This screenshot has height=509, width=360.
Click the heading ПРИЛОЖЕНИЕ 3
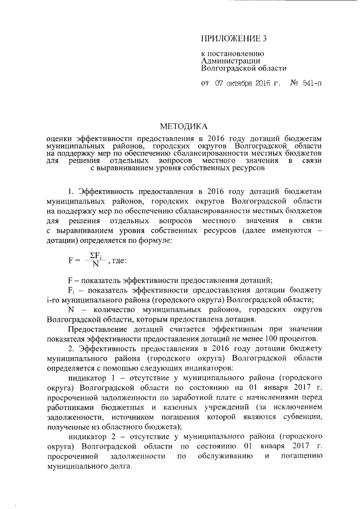pyautogui.click(x=232, y=39)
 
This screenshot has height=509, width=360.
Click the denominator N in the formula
pyautogui.click(x=96, y=264)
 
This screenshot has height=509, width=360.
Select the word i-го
pyautogui.click(x=55, y=300)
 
